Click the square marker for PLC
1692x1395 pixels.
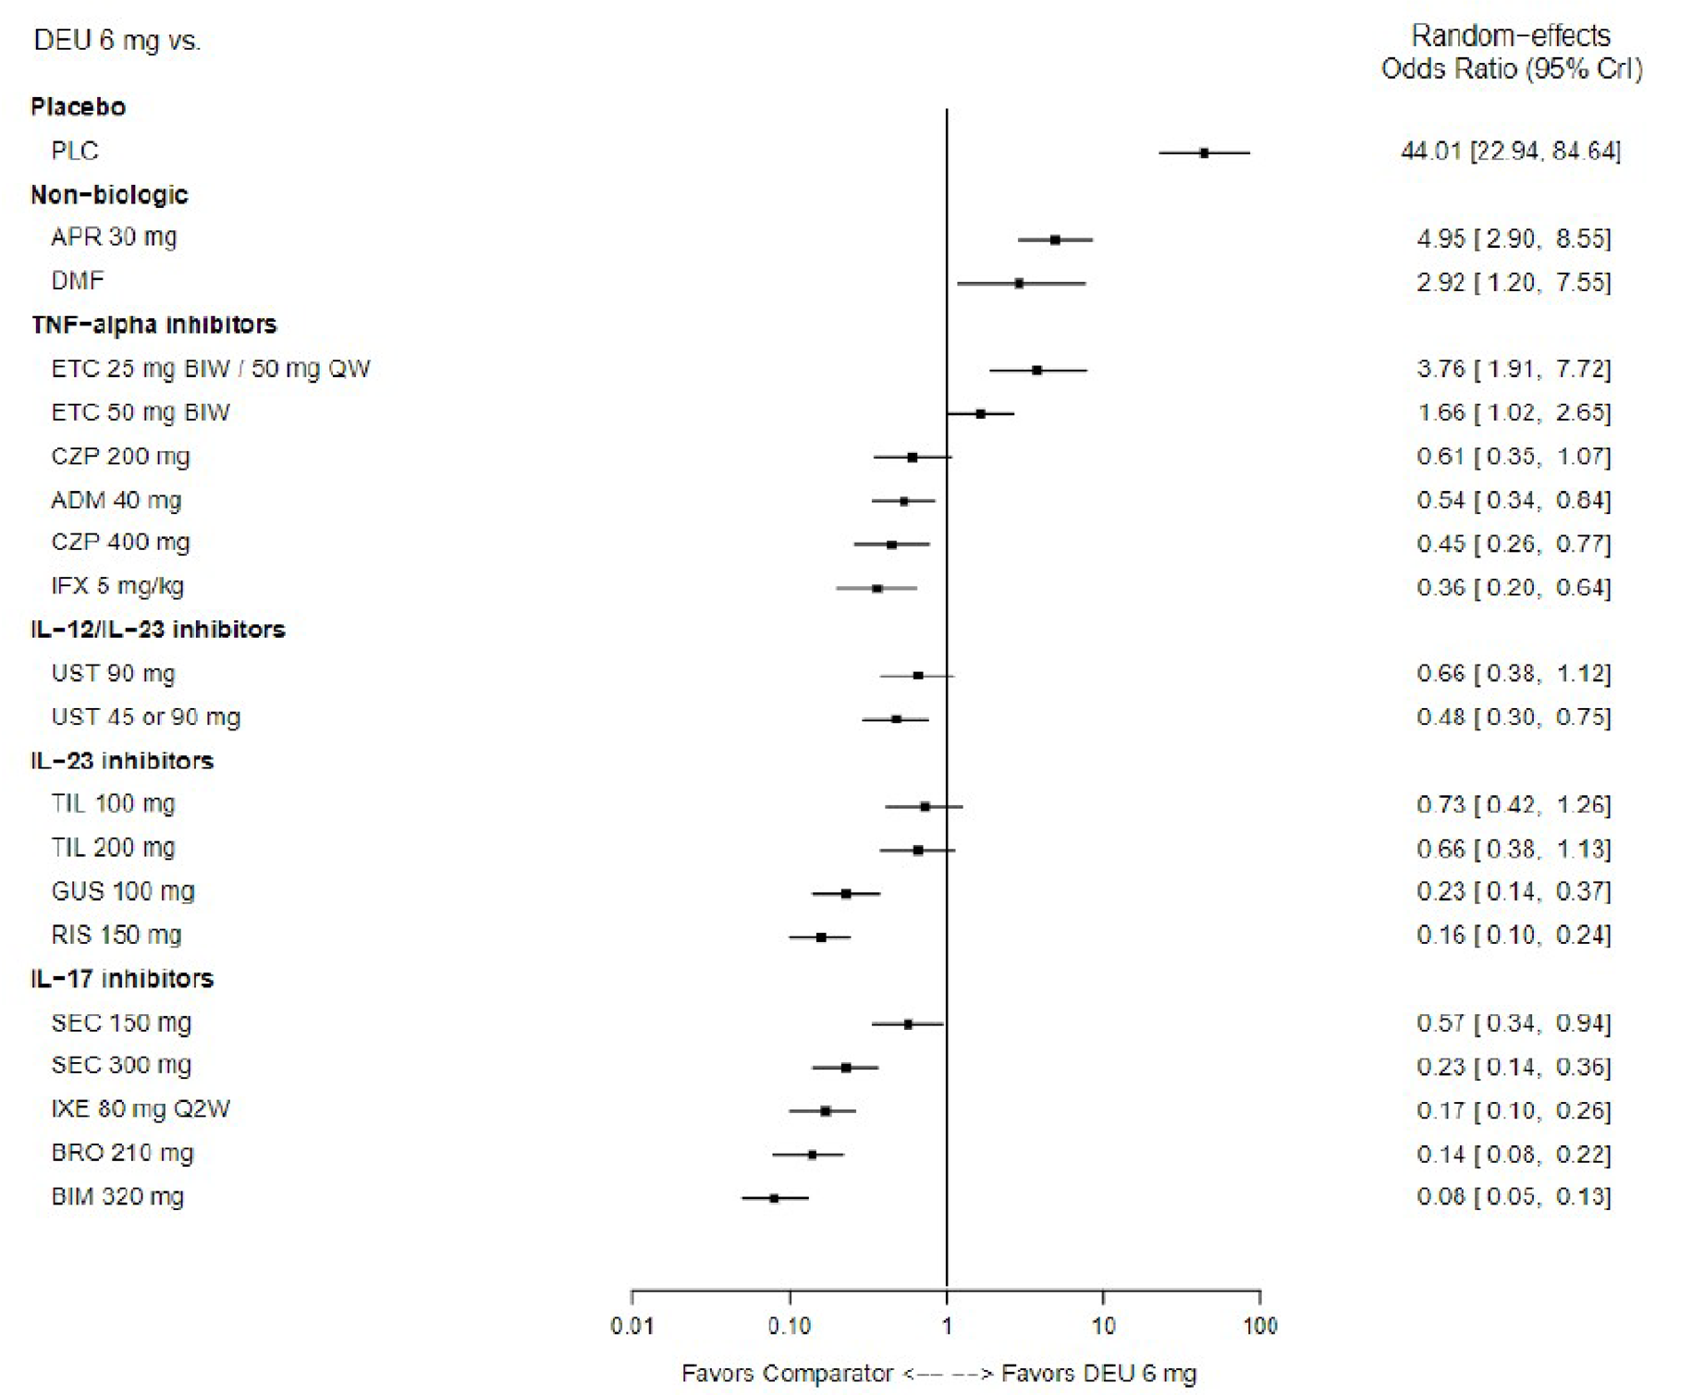1204,153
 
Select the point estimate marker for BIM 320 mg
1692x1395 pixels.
774,1198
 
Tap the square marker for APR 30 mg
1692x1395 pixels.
1055,239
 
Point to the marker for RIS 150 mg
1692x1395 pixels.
821,937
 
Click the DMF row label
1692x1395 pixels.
78,281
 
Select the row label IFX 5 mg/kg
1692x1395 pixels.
117,586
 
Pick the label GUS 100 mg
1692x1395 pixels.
123,891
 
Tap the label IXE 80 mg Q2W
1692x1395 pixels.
141,1108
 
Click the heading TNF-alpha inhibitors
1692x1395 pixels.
153,324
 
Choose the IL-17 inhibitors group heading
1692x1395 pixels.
122,979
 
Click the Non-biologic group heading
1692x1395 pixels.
109,195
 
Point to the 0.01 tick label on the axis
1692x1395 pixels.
632,1327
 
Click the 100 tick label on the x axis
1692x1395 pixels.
1259,1327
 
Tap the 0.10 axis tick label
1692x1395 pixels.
789,1327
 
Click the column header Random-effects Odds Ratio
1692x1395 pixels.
1511,52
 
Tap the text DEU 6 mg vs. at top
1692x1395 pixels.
117,41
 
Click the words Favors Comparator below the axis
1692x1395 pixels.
787,1374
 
